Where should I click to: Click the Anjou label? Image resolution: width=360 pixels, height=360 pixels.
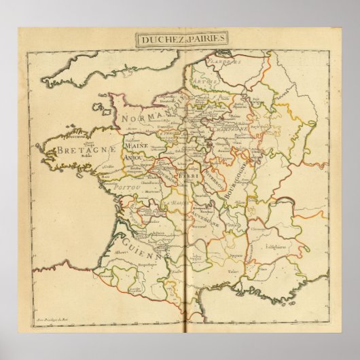pos(137,157)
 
